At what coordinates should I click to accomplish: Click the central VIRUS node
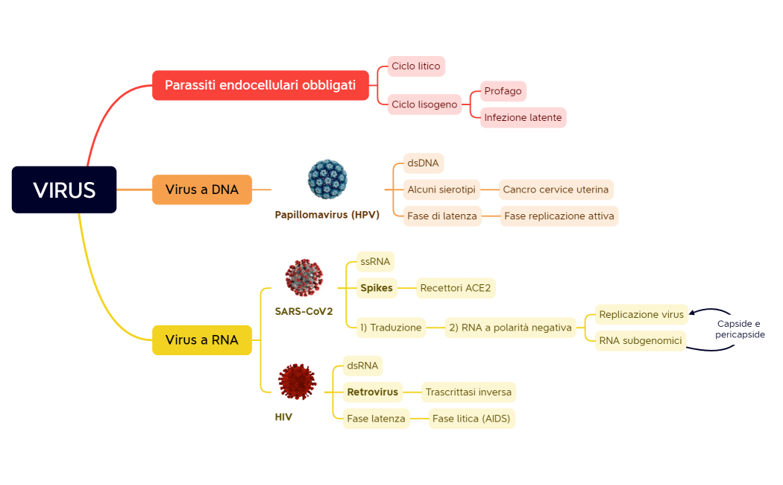pos(64,190)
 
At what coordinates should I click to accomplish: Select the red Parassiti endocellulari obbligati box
pos(260,85)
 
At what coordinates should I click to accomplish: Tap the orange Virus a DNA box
pos(202,190)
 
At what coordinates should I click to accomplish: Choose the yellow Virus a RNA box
pos(202,340)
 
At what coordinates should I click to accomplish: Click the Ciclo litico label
pos(416,66)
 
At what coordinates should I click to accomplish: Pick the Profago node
pos(503,92)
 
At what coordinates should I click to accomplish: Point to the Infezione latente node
pos(523,118)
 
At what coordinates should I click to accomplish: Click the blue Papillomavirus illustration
pos(327,179)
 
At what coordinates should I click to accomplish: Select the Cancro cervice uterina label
pos(556,190)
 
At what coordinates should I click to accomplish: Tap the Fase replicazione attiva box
pos(559,216)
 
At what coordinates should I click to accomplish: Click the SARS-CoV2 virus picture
pos(304,278)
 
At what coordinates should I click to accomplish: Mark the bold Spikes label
pos(377,288)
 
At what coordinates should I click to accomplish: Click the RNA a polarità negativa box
pos(510,328)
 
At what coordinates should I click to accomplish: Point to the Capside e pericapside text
pos(739,329)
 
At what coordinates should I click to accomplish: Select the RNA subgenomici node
pos(641,341)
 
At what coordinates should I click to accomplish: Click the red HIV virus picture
pos(297,381)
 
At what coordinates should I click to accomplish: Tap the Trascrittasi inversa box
pos(468,392)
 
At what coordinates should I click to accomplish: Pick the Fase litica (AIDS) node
pos(471,419)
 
